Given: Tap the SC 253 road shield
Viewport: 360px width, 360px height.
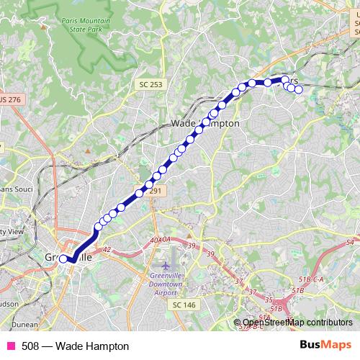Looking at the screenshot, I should coord(147,85).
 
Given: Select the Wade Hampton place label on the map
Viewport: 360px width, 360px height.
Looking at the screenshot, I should coord(205,123).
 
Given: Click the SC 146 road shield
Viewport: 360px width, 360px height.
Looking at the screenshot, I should coord(184,305).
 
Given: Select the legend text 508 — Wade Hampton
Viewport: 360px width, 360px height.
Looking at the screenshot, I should coord(65,346).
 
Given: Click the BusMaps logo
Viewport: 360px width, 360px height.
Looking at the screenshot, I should coord(326,346).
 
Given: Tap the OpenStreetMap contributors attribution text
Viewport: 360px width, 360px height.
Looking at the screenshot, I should coord(297,323).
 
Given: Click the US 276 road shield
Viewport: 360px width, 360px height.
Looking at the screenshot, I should coord(10,98).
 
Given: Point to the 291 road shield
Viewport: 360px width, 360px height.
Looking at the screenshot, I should coord(154,192).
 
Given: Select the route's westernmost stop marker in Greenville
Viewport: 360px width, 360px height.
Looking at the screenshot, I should coord(63,258).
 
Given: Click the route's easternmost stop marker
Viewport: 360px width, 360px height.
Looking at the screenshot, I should coord(298,89).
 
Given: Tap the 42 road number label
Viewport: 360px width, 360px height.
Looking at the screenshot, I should coord(108,249).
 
